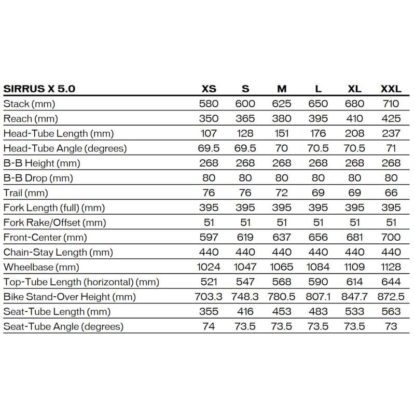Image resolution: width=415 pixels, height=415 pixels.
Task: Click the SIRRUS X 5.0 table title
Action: point(39,88)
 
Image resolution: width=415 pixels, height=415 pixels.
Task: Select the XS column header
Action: point(209,88)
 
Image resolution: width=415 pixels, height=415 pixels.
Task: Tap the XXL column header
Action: point(391,88)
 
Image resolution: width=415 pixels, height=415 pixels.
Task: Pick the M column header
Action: point(282,88)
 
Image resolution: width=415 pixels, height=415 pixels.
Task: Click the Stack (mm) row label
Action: point(29,103)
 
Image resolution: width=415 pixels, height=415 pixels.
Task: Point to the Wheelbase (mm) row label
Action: point(41,267)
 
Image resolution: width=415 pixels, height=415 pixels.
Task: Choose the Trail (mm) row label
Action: point(25,192)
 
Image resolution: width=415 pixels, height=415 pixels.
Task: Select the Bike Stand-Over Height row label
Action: point(70,297)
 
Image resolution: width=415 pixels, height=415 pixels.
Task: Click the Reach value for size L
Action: point(318,118)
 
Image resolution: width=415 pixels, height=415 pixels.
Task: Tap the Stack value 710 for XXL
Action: point(391,103)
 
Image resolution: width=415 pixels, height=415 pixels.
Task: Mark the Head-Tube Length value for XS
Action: point(209,133)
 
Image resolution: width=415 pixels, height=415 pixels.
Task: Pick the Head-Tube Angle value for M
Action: point(282,148)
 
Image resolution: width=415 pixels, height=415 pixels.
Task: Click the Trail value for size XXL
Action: point(391,192)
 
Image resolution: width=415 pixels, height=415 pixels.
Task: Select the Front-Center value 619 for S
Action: point(245,237)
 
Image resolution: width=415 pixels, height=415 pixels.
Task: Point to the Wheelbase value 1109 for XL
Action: point(354,267)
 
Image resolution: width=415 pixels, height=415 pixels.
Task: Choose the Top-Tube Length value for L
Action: point(318,282)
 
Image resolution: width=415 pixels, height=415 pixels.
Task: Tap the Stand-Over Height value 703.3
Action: point(209,297)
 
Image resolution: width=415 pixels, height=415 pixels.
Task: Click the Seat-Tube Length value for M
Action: point(282,312)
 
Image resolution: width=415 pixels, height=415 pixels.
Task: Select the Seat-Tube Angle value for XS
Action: point(209,326)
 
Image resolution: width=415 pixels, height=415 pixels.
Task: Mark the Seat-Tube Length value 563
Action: point(391,312)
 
